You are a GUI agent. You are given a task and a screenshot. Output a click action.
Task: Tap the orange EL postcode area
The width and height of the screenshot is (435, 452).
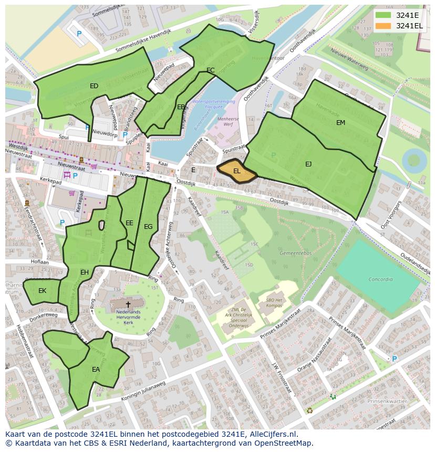[237, 171]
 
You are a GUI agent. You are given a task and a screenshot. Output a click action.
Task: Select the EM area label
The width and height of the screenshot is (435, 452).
[341, 122]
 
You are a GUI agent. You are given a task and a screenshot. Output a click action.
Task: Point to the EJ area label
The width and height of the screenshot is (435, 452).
[308, 164]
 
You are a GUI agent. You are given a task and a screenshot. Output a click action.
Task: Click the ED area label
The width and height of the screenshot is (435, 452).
[94, 86]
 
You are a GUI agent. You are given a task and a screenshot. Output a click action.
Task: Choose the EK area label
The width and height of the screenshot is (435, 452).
[43, 290]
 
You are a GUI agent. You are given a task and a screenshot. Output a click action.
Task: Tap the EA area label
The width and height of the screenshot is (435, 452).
[96, 370]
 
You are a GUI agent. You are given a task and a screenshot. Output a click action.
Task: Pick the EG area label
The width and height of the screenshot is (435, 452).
[148, 227]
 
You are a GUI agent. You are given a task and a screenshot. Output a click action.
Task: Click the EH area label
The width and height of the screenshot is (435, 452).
[85, 272]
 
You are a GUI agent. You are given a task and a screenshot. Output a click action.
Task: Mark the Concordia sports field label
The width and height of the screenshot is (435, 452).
[380, 279]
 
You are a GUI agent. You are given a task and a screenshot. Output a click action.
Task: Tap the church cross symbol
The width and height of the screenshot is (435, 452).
[128, 304]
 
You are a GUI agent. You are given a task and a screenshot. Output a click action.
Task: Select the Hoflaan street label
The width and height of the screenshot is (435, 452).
[40, 261]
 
